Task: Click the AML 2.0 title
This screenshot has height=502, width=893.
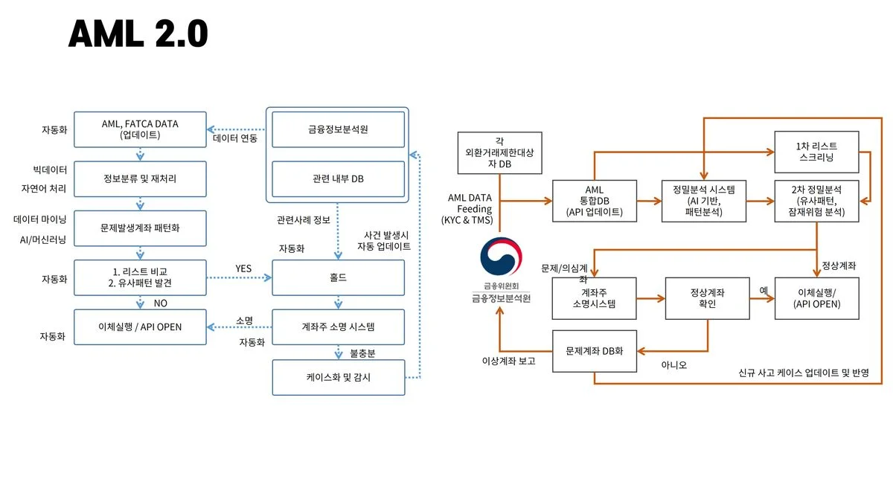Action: click(138, 33)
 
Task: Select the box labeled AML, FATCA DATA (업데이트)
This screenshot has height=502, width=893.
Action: click(140, 129)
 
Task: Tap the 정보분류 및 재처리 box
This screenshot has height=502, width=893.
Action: click(140, 179)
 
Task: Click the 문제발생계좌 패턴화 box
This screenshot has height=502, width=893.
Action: click(140, 228)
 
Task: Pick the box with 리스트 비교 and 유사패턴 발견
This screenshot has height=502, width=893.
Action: click(140, 278)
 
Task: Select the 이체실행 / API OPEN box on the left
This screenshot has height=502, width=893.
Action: click(140, 327)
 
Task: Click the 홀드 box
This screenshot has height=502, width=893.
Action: click(339, 278)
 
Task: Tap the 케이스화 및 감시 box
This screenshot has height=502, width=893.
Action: click(339, 377)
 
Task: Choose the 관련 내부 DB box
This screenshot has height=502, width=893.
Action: click(339, 179)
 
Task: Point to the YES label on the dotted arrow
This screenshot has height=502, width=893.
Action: click(243, 268)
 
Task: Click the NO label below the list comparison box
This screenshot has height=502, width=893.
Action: click(160, 303)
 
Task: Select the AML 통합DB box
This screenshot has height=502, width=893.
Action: click(595, 201)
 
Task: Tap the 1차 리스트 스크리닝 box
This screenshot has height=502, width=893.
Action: click(816, 152)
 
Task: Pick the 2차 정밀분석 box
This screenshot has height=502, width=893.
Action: click(816, 201)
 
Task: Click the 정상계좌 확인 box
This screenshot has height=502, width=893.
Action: click(707, 298)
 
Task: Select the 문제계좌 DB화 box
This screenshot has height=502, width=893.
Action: click(595, 350)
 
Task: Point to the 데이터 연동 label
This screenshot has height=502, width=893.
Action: click(235, 139)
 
